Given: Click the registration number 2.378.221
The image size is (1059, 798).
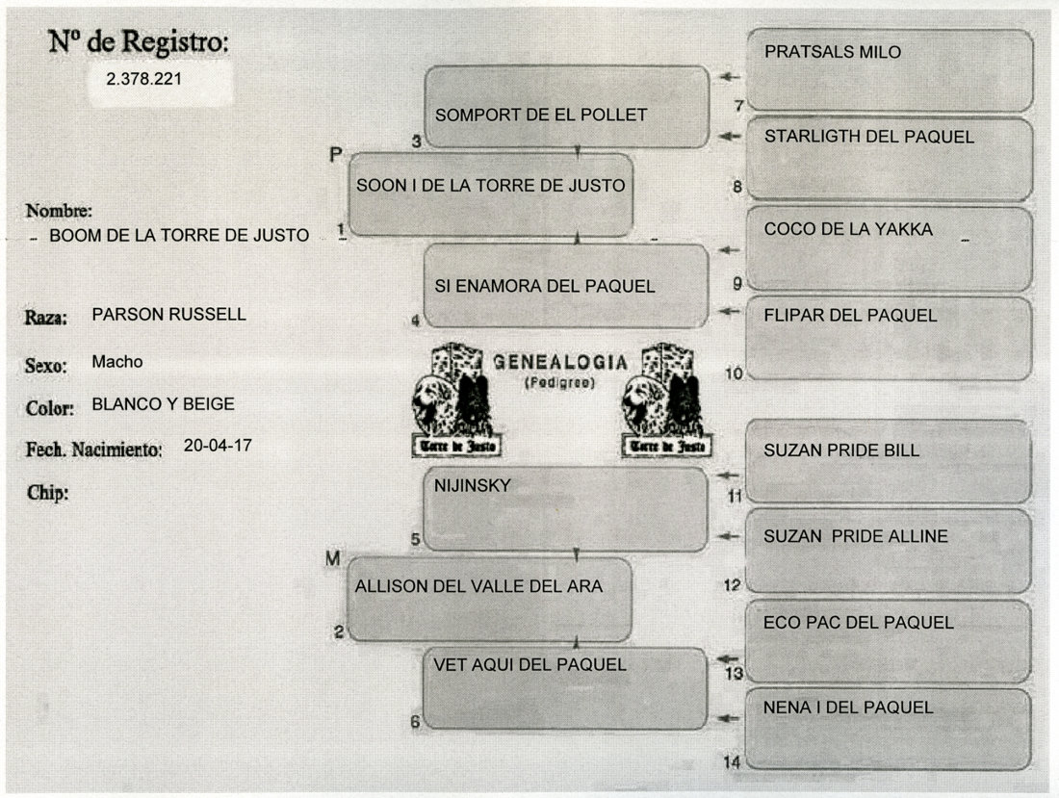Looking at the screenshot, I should click(x=144, y=80).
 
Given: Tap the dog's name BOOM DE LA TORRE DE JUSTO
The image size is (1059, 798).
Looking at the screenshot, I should click(x=179, y=235).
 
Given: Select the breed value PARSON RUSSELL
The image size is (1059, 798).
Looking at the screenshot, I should click(x=168, y=314).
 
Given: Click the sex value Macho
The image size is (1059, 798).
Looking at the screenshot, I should click(x=116, y=362).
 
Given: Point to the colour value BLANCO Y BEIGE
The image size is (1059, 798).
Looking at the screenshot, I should click(x=163, y=404).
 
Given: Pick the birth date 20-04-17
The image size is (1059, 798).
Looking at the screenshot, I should click(x=217, y=446).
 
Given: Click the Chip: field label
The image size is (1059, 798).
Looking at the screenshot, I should click(x=46, y=494).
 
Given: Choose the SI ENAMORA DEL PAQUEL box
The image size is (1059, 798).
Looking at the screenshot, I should click(x=566, y=286).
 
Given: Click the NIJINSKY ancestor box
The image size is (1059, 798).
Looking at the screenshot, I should click(x=565, y=508).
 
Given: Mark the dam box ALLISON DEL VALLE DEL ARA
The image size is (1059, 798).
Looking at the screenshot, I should click(x=489, y=598).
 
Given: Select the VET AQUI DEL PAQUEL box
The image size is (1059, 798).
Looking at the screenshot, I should click(x=564, y=687).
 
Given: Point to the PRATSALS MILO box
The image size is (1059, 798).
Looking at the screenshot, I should click(x=889, y=69).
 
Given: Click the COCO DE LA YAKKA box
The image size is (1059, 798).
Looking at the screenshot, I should click(x=889, y=247).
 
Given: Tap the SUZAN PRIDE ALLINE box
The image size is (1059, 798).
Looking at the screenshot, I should click(x=888, y=550).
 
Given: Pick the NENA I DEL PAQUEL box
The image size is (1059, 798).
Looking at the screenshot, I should click(x=888, y=728).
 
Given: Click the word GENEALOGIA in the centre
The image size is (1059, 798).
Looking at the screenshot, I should click(x=559, y=362).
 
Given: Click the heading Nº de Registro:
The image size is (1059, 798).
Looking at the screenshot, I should click(x=140, y=41).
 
